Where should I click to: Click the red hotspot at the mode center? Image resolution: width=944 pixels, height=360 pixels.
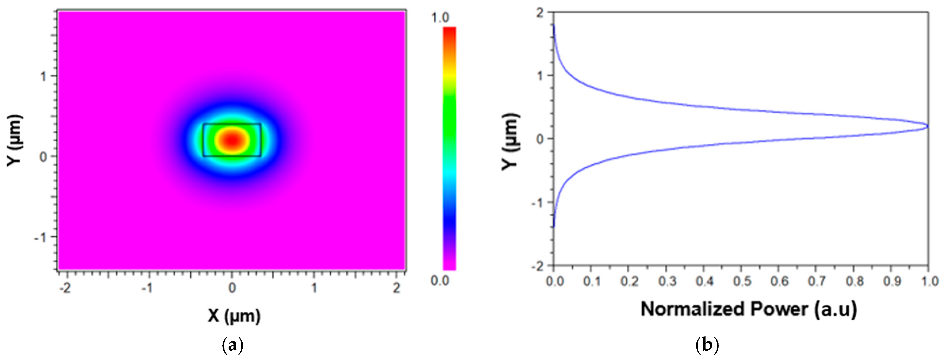232,140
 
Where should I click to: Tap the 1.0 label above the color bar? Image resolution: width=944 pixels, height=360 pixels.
440,17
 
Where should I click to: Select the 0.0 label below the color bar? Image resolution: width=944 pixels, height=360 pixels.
440,281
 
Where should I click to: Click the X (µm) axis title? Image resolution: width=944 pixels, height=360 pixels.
234,315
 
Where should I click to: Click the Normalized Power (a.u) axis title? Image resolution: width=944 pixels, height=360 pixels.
749,309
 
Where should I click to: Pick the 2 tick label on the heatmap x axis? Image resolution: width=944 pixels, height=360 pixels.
397,288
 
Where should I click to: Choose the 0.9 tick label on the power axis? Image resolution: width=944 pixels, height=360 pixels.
892,281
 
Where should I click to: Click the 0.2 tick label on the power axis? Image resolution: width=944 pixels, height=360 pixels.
629,281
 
